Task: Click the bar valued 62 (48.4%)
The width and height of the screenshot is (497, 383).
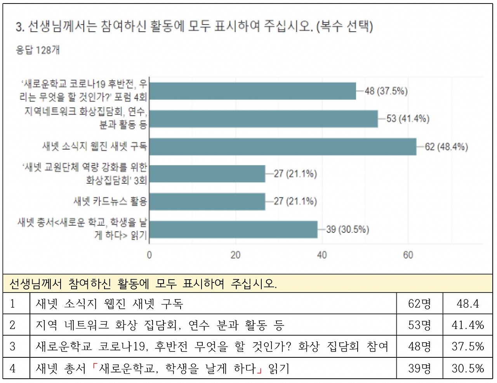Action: pyautogui.click(x=283, y=147)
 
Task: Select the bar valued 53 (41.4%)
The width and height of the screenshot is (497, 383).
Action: pyautogui.click(x=263, y=119)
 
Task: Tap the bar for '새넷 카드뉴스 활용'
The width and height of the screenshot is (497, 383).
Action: pyautogui.click(x=207, y=202)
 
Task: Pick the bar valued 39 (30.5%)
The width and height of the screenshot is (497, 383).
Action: pyautogui.click(x=233, y=230)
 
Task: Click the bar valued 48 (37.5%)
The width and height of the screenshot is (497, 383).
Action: pyautogui.click(x=252, y=91)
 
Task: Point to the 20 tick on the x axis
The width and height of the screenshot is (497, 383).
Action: pyautogui.click(x=235, y=255)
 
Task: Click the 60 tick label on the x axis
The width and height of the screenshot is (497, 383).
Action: pyautogui.click(x=408, y=255)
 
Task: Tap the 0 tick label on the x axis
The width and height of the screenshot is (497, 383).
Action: pyautogui.click(x=149, y=255)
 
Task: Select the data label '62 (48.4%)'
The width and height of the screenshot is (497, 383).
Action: pyautogui.click(x=446, y=147)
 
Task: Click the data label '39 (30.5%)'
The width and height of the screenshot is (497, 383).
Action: pyautogui.click(x=348, y=230)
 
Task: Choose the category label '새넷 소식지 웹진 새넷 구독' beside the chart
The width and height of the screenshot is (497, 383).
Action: pyautogui.click(x=95, y=146)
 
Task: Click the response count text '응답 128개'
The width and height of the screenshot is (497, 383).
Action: pyautogui.click(x=38, y=50)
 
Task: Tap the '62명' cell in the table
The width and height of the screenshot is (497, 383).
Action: pyautogui.click(x=419, y=304)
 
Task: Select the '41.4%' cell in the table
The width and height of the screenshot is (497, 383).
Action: pyautogui.click(x=467, y=325)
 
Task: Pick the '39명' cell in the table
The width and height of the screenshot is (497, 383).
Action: pyautogui.click(x=419, y=368)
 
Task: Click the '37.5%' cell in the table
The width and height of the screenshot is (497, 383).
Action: pyautogui.click(x=467, y=346)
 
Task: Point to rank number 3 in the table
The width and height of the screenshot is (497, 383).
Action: pyautogui.click(x=12, y=346)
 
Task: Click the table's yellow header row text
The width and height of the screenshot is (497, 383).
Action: pyautogui.click(x=143, y=284)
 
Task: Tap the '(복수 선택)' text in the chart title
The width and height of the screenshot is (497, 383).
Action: pyautogui.click(x=344, y=26)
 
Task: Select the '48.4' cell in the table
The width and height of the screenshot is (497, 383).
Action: pyautogui.click(x=467, y=304)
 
